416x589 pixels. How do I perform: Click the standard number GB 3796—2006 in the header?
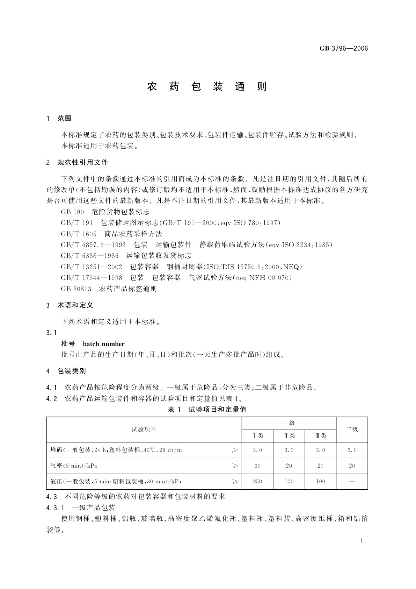coord(344,49)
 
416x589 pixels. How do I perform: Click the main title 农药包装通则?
coord(207,86)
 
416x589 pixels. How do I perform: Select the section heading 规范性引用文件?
coord(83,162)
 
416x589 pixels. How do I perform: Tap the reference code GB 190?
coord(72,212)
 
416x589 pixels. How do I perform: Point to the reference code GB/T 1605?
coord(79,234)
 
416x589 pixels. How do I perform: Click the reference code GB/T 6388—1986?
coord(90,256)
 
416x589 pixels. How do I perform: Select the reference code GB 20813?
coord(76,289)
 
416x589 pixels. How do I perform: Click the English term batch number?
coord(104,344)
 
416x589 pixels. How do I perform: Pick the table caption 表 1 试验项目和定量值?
coord(207,409)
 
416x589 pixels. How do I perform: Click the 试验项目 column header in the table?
coord(144,429)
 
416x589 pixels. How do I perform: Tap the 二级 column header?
coord(352,429)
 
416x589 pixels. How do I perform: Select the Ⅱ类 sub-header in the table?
coord(289,436)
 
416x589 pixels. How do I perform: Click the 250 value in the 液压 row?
coord(257,482)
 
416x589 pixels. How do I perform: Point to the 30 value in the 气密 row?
coord(257,466)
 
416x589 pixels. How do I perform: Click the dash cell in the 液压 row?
coord(352,482)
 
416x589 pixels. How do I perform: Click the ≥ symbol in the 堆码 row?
coord(235,450)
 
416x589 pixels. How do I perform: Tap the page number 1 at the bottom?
coord(362,541)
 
